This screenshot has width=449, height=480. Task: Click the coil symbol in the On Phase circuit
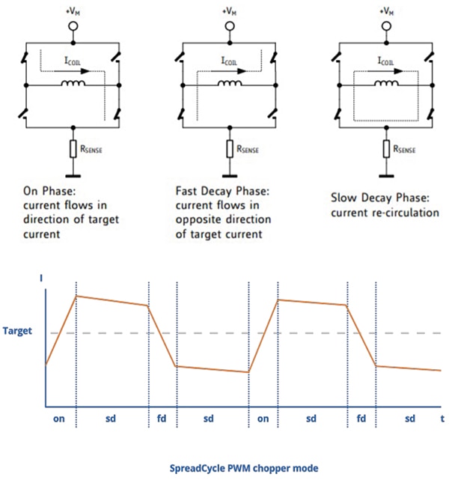(x=73, y=83)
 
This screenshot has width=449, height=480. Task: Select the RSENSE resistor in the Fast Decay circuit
(x=230, y=149)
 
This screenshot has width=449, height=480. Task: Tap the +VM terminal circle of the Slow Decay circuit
(x=386, y=26)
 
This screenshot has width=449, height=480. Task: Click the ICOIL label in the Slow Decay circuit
(x=385, y=61)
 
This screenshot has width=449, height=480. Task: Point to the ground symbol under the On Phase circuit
(x=73, y=176)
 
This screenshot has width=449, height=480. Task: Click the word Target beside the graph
(x=17, y=331)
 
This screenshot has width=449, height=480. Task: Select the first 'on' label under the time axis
(x=58, y=419)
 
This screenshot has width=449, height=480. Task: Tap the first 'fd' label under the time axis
(x=162, y=418)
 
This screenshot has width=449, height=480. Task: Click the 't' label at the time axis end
(x=442, y=419)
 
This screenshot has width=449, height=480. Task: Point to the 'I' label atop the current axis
(x=41, y=278)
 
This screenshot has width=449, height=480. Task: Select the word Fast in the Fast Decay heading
(x=186, y=191)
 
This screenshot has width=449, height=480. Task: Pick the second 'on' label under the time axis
(x=263, y=419)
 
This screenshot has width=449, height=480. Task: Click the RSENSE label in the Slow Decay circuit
(x=404, y=149)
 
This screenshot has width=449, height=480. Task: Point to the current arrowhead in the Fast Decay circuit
(x=242, y=71)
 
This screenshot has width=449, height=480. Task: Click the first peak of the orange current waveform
(x=76, y=296)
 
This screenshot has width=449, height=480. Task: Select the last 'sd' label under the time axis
(x=410, y=419)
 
